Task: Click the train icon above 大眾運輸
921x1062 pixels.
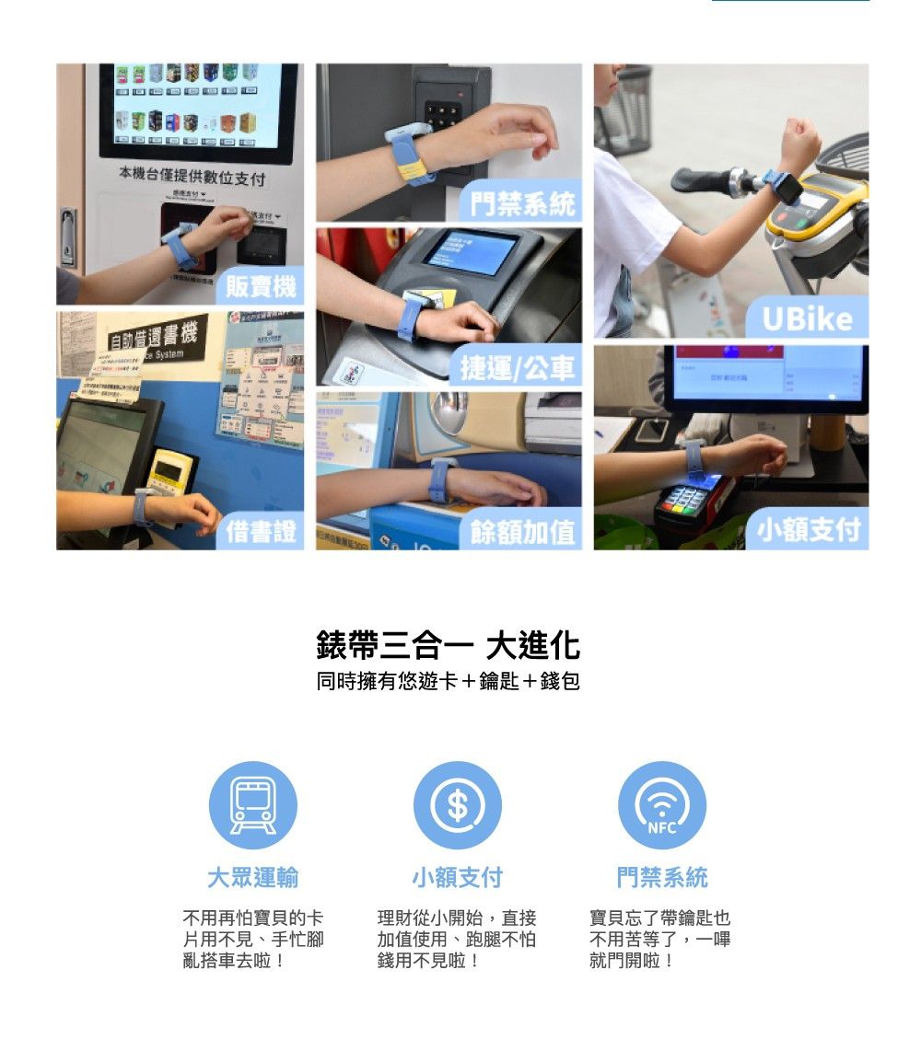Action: pyautogui.click(x=252, y=805)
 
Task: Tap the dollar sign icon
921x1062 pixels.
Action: pyautogui.click(x=458, y=805)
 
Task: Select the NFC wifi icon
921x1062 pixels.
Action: pyautogui.click(x=662, y=805)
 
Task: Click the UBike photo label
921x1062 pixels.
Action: pyautogui.click(x=807, y=318)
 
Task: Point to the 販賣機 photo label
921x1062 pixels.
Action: pyautogui.click(x=261, y=288)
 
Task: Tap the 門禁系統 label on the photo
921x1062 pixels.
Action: pyautogui.click(x=521, y=203)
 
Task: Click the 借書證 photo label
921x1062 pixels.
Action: pyautogui.click(x=262, y=531)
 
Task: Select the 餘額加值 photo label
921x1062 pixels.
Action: pyautogui.click(x=521, y=531)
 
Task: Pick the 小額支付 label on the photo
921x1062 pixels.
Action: pyautogui.click(x=808, y=530)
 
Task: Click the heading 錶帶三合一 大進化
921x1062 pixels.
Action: pyautogui.click(x=448, y=646)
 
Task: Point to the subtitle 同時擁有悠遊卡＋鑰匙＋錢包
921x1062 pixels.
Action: pyautogui.click(x=448, y=682)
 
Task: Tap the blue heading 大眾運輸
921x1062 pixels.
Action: pyautogui.click(x=252, y=878)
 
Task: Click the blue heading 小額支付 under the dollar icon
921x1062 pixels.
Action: pyautogui.click(x=458, y=878)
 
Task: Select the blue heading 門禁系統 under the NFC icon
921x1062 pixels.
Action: pyautogui.click(x=662, y=878)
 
